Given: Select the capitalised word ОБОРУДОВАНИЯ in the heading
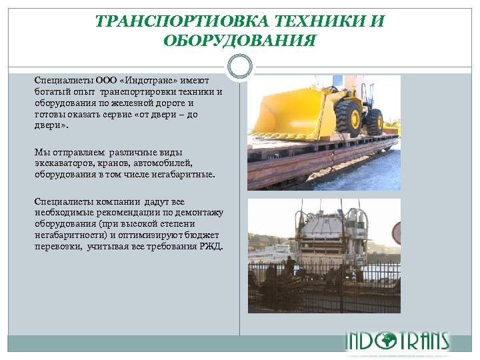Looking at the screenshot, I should pyautogui.click(x=240, y=41).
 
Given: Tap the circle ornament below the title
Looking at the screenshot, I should pyautogui.click(x=239, y=67).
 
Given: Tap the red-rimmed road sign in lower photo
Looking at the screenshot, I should pyautogui.click(x=396, y=233).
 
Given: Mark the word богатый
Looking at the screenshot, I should pyautogui.click(x=51, y=92).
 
